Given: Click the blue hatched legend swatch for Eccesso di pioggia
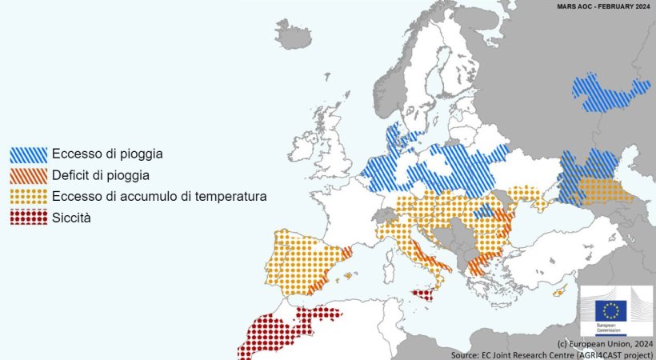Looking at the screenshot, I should pyautogui.click(x=28, y=154).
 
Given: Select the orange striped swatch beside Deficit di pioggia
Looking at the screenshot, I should pyautogui.click(x=28, y=174).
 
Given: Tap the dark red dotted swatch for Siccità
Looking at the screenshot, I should pyautogui.click(x=28, y=217).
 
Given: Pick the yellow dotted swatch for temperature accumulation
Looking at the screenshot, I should pyautogui.click(x=28, y=196).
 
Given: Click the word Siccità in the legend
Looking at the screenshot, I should pyautogui.click(x=70, y=217).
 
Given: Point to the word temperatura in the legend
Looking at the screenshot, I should pyautogui.click(x=224, y=196).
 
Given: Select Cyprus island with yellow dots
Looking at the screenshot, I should pyautogui.click(x=559, y=291).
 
